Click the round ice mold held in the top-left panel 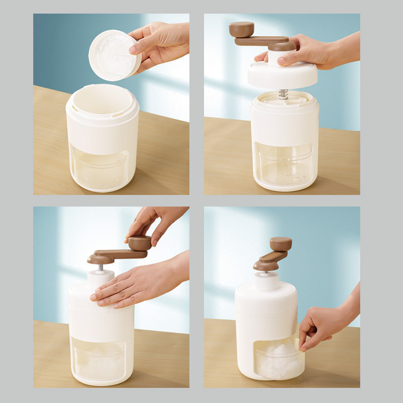click(113, 55)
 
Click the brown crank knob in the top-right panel click(241, 29)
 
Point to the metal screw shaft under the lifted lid click(284, 94)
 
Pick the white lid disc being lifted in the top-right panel click(282, 75)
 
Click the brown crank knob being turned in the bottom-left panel click(139, 243)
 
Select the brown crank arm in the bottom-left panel click(116, 254)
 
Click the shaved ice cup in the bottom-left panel click(99, 358)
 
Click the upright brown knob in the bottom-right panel click(281, 244)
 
